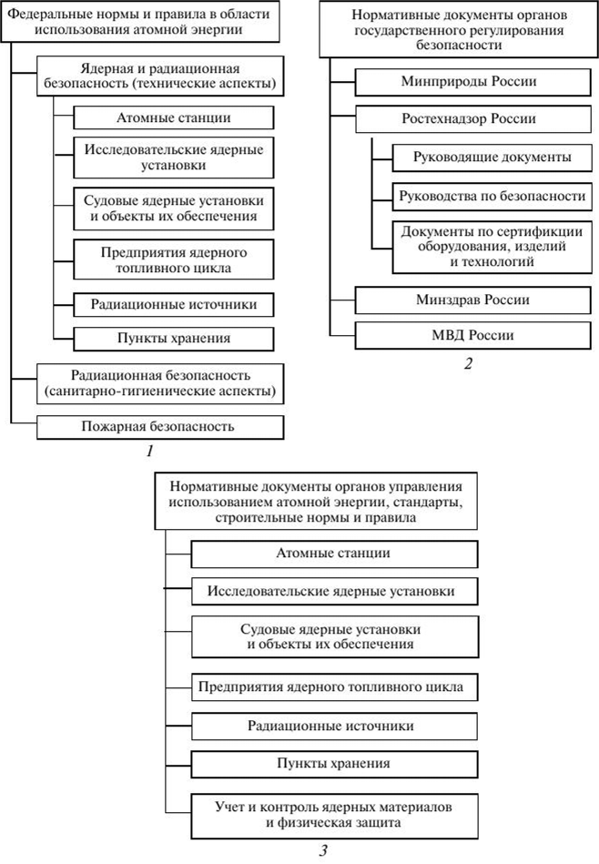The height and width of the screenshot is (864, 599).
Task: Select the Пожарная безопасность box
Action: [161, 425]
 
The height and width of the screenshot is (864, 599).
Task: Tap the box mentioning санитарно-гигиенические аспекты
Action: [161, 384]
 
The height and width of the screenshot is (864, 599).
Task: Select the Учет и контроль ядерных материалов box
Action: [334, 815]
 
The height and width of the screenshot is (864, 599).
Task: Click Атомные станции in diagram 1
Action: [173, 117]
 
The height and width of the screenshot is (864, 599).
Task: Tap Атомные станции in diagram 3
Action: [334, 553]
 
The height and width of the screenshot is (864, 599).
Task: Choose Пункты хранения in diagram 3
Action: [334, 762]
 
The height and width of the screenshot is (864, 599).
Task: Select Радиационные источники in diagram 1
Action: [173, 304]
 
